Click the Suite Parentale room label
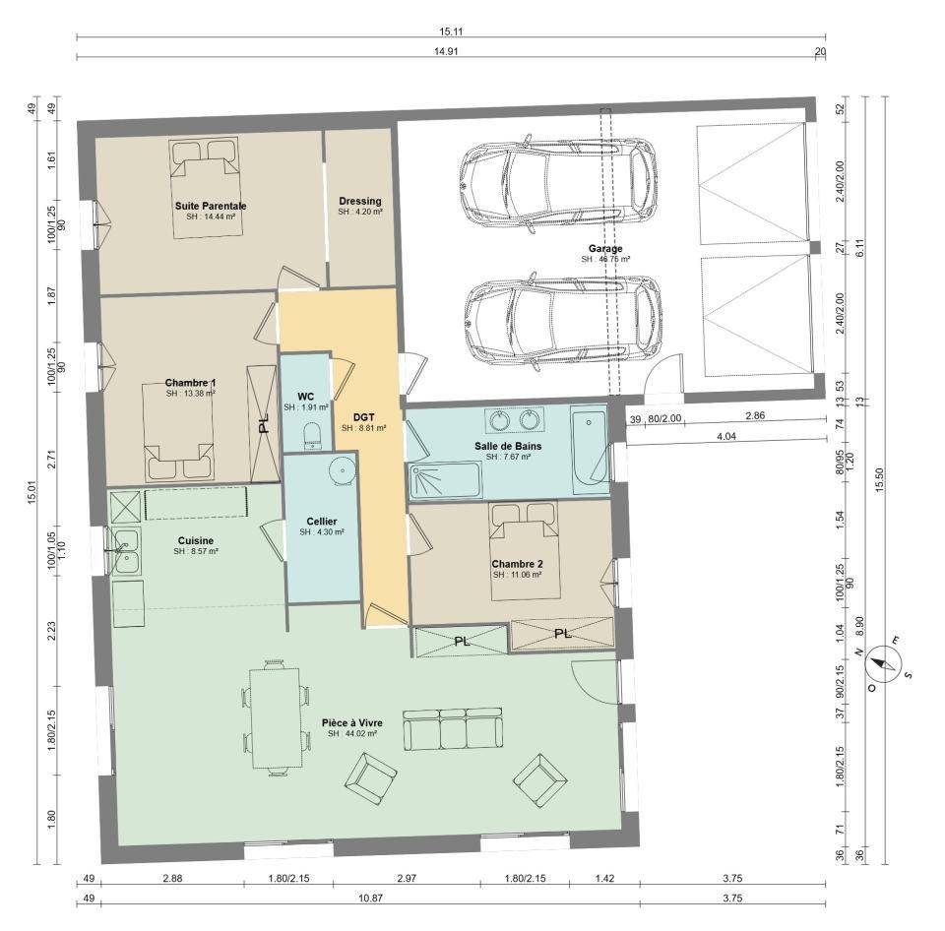point(211,206)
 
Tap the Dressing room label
point(360,202)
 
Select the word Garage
point(605,248)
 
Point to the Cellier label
point(322,522)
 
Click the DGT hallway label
point(363,417)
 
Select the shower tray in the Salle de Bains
point(445,480)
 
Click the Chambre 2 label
point(517,564)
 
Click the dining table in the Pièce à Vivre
point(276,717)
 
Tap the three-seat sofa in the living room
point(453,729)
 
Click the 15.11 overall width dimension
point(450,31)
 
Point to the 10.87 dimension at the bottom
point(370,898)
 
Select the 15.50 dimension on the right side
point(880,480)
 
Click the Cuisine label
point(195,540)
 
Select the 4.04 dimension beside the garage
point(726,436)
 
